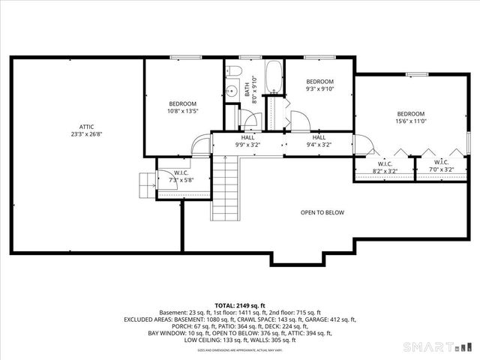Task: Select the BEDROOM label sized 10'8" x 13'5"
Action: pyautogui.click(x=182, y=103)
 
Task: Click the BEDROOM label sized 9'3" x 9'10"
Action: pyautogui.click(x=319, y=81)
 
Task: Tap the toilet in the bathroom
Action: pyautogui.click(x=233, y=70)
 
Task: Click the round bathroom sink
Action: pyautogui.click(x=232, y=91)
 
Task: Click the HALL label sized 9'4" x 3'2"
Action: pyautogui.click(x=319, y=138)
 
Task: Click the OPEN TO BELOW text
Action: pyautogui.click(x=322, y=213)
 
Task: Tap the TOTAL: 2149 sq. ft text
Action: pyautogui.click(x=240, y=306)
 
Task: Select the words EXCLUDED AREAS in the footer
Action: pyautogui.click(x=147, y=319)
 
